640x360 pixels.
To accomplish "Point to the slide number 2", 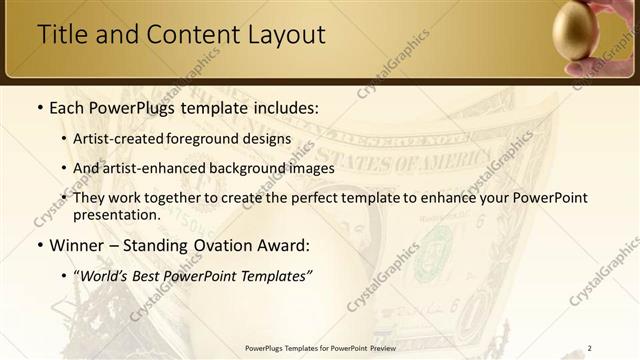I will pos(589,348).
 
